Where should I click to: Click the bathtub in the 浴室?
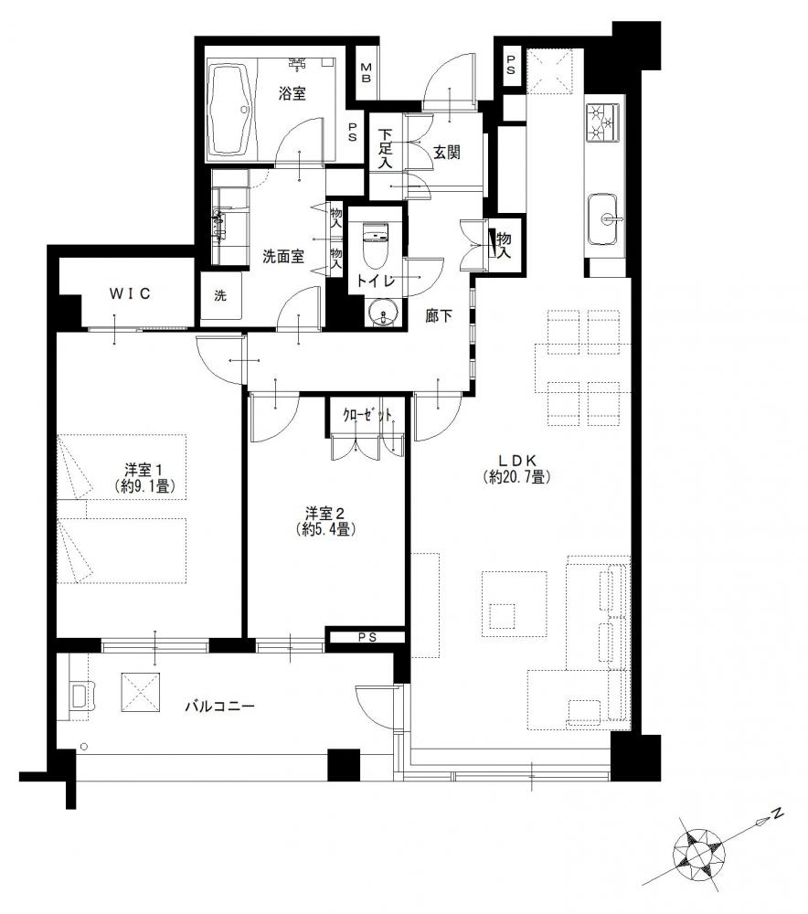pyautogui.click(x=230, y=110)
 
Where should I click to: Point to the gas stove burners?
pyautogui.click(x=602, y=122)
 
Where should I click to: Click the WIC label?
pyautogui.click(x=130, y=293)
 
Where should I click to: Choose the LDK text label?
pyautogui.click(x=517, y=461)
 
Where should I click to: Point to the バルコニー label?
pyautogui.click(x=220, y=706)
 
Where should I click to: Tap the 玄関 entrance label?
pyautogui.click(x=447, y=152)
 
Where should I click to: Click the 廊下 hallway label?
pyautogui.click(x=439, y=316)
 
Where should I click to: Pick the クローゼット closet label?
pyautogui.click(x=367, y=415)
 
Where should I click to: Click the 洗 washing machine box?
pyautogui.click(x=220, y=297)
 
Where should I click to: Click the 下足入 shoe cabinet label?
pyautogui.click(x=385, y=149)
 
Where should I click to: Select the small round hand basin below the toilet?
pyautogui.click(x=383, y=314)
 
